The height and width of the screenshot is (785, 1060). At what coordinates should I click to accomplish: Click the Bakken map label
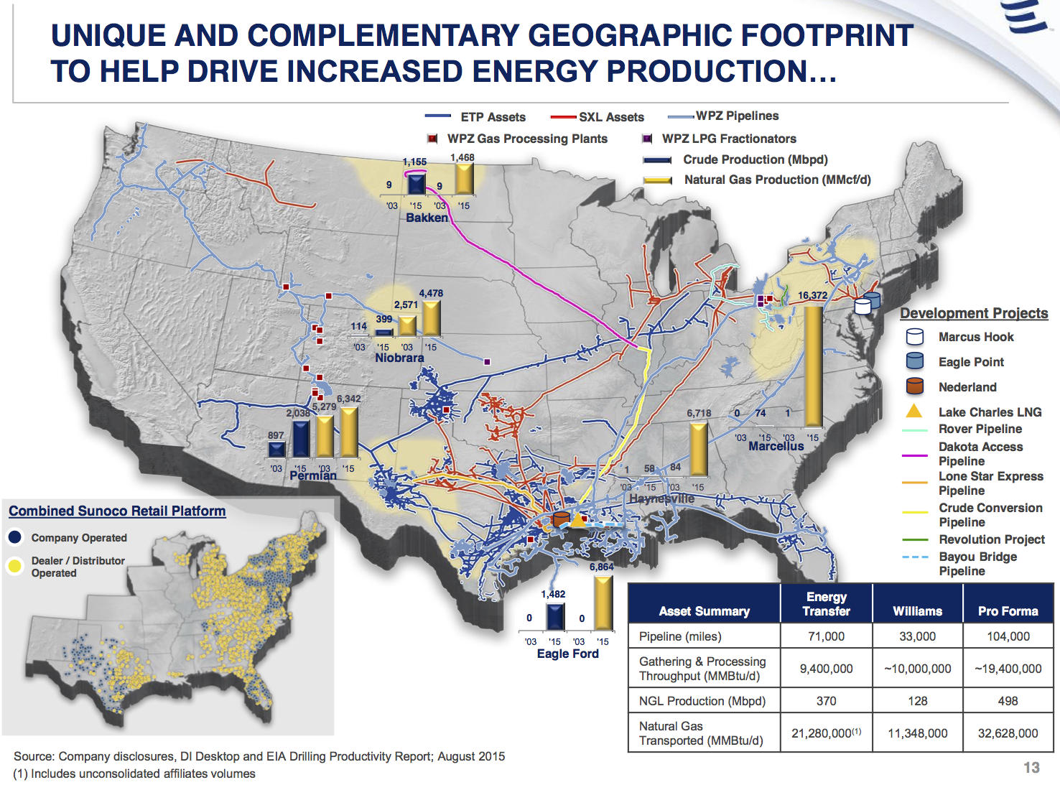tap(427, 218)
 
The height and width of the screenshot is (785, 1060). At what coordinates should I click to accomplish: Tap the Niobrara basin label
tap(399, 358)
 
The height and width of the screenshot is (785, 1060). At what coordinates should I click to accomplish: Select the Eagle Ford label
tap(567, 654)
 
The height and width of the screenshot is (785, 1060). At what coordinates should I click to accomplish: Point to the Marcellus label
tap(776, 446)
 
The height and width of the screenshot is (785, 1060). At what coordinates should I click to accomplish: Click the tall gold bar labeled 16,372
tap(813, 366)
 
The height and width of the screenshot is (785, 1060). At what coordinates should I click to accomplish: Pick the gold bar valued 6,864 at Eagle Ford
tap(603, 603)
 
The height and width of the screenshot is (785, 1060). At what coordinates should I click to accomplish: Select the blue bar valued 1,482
tap(554, 617)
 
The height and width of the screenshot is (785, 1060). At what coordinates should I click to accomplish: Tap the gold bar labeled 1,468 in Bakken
tap(464, 179)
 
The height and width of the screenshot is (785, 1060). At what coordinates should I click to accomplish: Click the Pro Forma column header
tap(1008, 611)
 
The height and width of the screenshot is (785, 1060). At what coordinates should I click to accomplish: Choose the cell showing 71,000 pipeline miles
tap(826, 636)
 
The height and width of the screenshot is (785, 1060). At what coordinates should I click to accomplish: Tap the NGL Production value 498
tap(1008, 701)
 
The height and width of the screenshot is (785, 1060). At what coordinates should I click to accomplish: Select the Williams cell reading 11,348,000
tap(917, 733)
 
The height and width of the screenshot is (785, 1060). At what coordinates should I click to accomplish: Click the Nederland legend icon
tap(914, 386)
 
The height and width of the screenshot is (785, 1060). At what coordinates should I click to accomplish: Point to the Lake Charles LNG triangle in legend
tap(914, 412)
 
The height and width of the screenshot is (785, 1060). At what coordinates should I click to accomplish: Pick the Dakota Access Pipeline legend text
tap(980, 454)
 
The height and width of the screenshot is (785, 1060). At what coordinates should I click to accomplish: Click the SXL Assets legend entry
tap(610, 117)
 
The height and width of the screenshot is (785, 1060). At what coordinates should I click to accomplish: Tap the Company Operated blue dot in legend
tap(15, 537)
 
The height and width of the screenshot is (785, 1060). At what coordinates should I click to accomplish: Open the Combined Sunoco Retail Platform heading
tap(117, 511)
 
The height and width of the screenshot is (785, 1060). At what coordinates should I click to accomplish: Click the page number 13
tap(1031, 768)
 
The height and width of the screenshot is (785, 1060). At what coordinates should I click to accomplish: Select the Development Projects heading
tap(974, 313)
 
